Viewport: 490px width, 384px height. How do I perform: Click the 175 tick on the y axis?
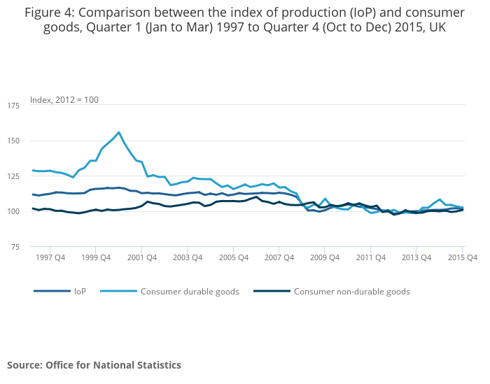click(x=13, y=106)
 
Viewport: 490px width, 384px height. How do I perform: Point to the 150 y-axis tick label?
click(x=13, y=141)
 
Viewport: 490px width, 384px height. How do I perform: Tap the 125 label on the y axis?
click(x=13, y=176)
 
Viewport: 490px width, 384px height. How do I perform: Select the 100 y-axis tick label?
click(x=13, y=211)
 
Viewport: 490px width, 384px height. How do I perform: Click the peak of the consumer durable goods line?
click(x=119, y=132)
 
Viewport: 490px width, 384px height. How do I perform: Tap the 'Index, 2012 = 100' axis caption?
click(x=64, y=99)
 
